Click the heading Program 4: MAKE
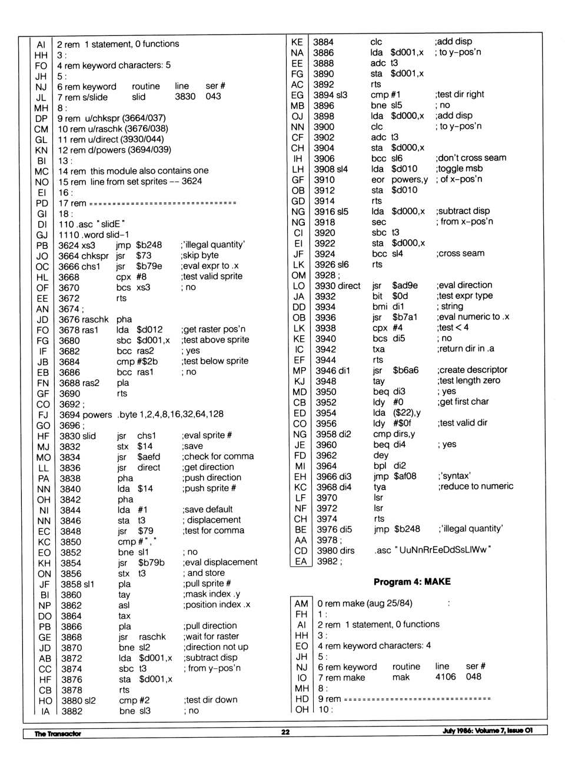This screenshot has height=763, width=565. click(412, 582)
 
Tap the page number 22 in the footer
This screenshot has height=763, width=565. click(285, 732)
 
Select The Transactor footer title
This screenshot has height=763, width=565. click(58, 734)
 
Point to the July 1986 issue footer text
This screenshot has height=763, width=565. click(487, 731)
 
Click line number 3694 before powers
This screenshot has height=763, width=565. click(69, 414)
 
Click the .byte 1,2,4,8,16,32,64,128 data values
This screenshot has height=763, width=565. click(170, 414)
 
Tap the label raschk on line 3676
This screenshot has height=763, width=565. click(96, 319)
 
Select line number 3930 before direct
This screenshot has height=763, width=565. click(324, 285)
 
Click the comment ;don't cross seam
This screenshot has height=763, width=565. click(471, 158)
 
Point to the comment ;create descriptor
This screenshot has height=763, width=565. click(472, 369)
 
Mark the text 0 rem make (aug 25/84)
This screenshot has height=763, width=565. click(365, 603)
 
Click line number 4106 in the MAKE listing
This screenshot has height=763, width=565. click(446, 677)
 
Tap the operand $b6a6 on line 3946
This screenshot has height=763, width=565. click(406, 370)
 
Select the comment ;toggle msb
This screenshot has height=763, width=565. click(459, 168)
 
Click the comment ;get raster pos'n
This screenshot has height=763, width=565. click(214, 329)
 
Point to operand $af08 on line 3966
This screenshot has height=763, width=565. click(405, 476)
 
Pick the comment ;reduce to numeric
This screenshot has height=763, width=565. click(475, 486)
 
